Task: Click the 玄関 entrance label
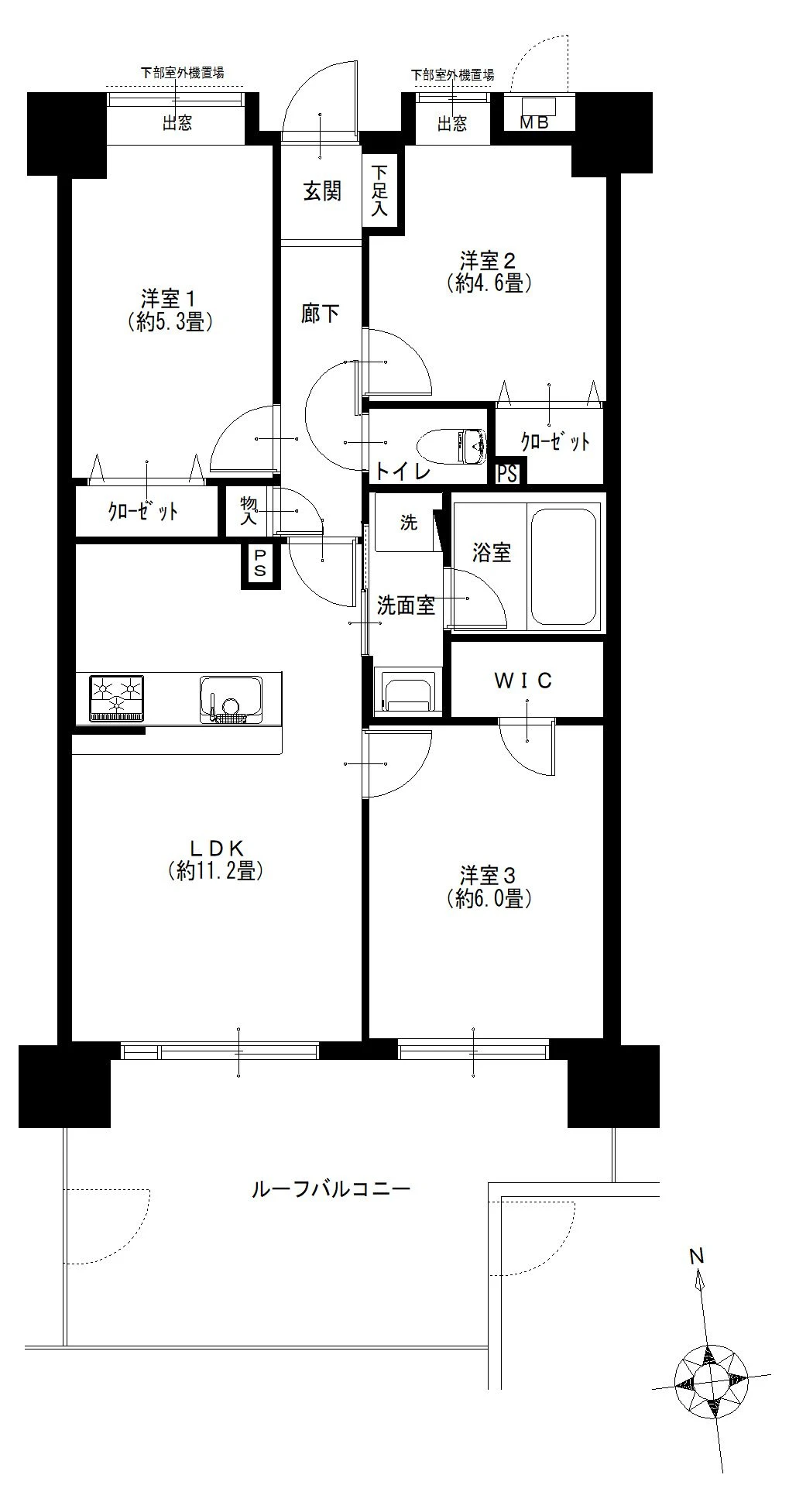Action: coord(321,191)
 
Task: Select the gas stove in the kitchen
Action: coord(117,698)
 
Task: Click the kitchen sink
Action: coord(230,699)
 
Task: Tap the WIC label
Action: coord(524,681)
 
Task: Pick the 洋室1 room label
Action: coord(170,298)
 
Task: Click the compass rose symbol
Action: coord(712,1380)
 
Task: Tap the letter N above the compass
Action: coord(697,1256)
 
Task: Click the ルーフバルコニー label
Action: coord(331,1188)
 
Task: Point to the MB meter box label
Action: coord(533,122)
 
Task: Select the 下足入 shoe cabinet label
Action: coord(379,190)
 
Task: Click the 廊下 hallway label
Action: coord(320,314)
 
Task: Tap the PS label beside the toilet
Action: coord(507,472)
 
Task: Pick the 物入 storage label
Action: coord(249,510)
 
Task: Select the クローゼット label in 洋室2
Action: coord(555,442)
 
